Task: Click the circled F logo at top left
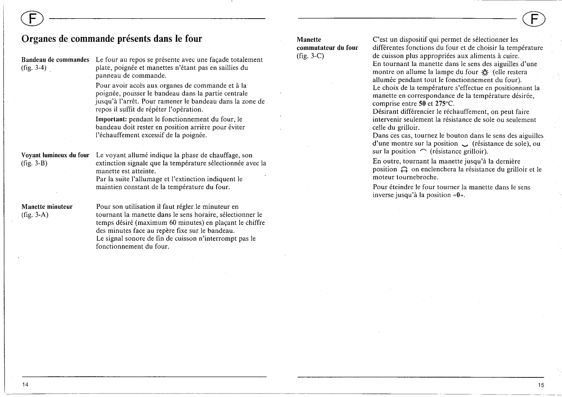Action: [31, 18]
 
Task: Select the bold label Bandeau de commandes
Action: [55, 60]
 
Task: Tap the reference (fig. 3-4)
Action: [34, 68]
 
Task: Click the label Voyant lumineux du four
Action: [55, 155]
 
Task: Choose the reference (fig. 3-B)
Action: [34, 163]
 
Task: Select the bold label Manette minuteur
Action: [47, 207]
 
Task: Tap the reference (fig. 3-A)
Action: [34, 215]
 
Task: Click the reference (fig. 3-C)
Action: [310, 56]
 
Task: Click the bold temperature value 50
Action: [422, 104]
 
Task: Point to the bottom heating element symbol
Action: [465, 144]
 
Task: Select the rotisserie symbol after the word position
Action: [404, 170]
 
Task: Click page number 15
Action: [541, 385]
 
